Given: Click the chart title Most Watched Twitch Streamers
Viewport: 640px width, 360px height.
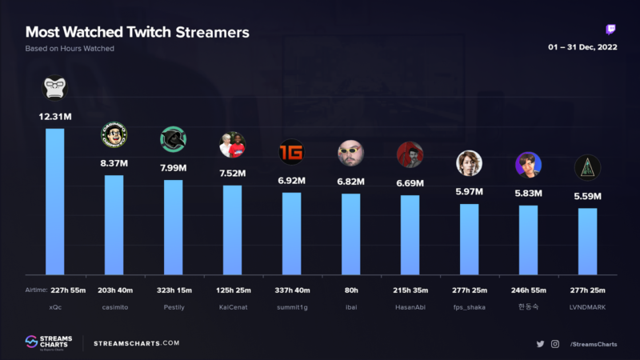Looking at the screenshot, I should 137,33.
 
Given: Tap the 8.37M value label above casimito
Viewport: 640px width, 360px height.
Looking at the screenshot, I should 114,162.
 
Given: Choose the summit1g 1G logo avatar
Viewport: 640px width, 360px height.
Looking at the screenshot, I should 291,152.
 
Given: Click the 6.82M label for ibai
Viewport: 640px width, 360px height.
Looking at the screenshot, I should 350,182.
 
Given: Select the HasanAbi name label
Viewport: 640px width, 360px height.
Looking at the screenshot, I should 410,306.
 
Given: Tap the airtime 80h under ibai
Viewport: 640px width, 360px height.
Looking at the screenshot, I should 350,290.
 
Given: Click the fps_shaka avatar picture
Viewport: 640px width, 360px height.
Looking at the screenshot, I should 469,162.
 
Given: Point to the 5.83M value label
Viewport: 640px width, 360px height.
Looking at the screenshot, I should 528,194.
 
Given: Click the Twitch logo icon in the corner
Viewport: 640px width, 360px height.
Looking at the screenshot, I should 611,30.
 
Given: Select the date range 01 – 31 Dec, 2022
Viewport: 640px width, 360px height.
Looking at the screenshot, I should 582,47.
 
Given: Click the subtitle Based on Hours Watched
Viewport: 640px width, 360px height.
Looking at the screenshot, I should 70,49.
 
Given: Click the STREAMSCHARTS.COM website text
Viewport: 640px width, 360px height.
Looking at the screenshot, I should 137,343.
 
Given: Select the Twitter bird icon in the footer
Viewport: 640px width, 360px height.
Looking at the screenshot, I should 541,344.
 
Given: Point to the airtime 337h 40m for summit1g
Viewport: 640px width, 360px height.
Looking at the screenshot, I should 291,290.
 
